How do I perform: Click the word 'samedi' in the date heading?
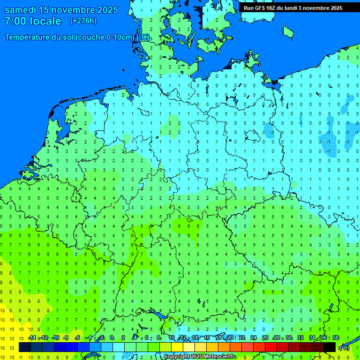pos(21,10)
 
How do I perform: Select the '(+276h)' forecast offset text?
pos(83,21)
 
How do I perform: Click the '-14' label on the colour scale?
pos(32,338)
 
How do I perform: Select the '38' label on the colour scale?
pos(335,338)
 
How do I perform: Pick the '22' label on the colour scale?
pos(242,338)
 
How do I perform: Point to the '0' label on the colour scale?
pos(112,338)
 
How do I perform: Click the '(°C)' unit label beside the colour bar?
pos(344,348)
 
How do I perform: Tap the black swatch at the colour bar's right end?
pos(330,347)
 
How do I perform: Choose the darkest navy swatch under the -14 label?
pos(25,347)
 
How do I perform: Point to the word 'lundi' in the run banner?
pos(292,8)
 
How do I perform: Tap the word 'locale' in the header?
pos(45,21)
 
